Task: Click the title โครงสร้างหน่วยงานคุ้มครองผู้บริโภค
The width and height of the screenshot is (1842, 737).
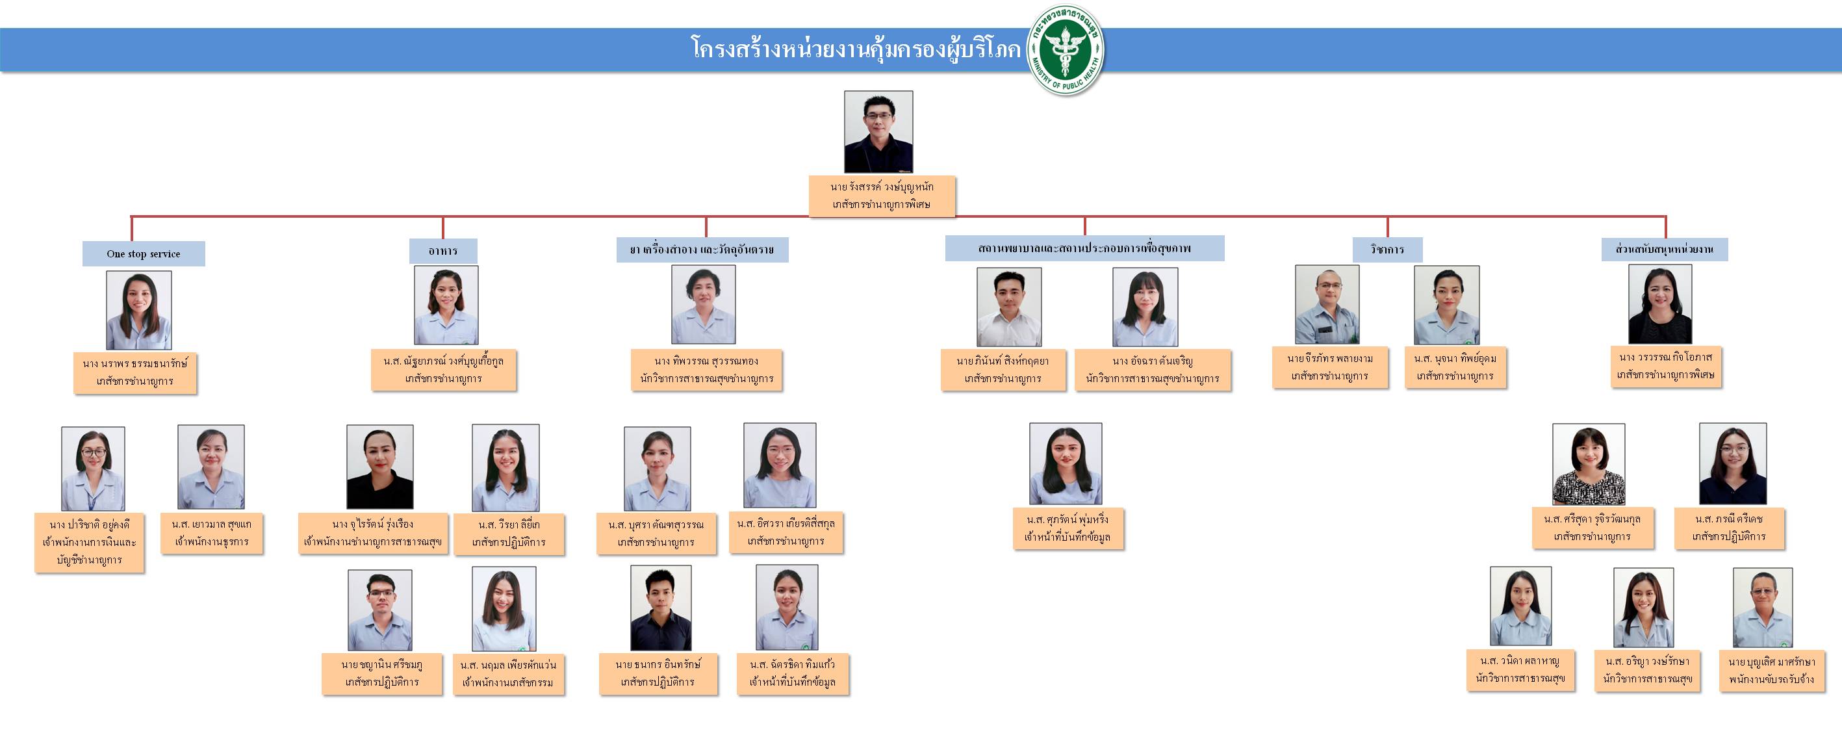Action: point(855,49)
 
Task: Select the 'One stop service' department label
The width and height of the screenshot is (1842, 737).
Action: point(143,254)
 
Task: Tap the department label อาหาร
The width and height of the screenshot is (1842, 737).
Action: point(442,251)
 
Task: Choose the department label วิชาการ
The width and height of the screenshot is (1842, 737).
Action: point(1387,250)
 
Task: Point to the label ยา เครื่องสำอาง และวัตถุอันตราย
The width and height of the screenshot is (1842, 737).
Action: point(702,250)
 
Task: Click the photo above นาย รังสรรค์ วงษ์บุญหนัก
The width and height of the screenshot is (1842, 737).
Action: point(878,132)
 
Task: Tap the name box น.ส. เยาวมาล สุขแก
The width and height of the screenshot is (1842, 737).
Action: point(212,533)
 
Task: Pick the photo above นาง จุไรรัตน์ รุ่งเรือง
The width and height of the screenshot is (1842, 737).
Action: point(379,467)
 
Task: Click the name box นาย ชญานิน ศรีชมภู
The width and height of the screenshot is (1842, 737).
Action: point(382,673)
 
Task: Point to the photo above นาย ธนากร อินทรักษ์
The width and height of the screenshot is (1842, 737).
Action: point(661,608)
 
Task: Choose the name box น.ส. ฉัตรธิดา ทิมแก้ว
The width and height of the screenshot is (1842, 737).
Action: point(792,673)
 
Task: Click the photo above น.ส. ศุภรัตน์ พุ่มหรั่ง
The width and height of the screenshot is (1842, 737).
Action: point(1066,463)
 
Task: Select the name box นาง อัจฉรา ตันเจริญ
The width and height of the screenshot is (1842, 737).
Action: point(1152,370)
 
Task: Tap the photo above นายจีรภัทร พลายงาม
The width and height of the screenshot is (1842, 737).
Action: point(1327,305)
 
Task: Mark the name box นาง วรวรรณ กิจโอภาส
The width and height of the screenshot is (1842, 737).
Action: point(1665,366)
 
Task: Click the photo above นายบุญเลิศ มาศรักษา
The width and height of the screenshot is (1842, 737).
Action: point(1762,608)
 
